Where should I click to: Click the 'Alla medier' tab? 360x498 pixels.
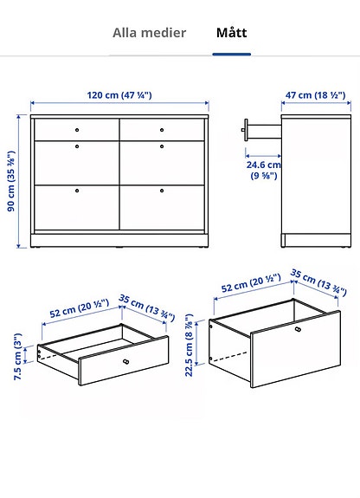click(x=149, y=33)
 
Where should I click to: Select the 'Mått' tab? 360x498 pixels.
click(x=231, y=33)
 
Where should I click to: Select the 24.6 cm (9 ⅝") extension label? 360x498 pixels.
click(x=263, y=169)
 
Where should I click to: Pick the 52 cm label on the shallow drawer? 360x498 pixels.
click(x=78, y=308)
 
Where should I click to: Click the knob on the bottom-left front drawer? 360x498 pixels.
click(x=76, y=190)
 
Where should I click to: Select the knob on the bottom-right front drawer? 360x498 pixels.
click(x=163, y=190)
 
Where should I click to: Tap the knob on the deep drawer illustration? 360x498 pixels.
click(x=299, y=330)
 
